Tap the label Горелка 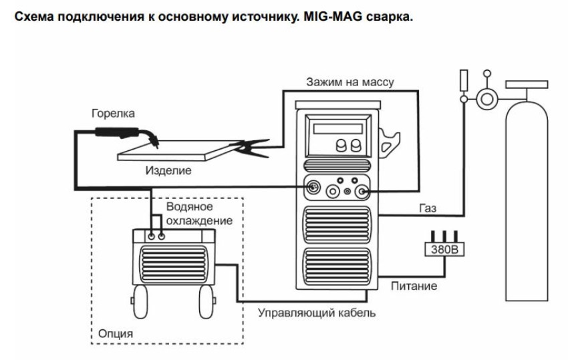pyautogui.click(x=113, y=114)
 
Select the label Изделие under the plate pyautogui.click(x=168, y=170)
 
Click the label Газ pyautogui.click(x=428, y=208)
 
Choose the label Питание pyautogui.click(x=414, y=287)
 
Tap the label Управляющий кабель pyautogui.click(x=317, y=313)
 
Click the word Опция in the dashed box pyautogui.click(x=114, y=333)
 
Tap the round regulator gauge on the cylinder pyautogui.click(x=486, y=100)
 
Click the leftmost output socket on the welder pyautogui.click(x=311, y=189)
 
